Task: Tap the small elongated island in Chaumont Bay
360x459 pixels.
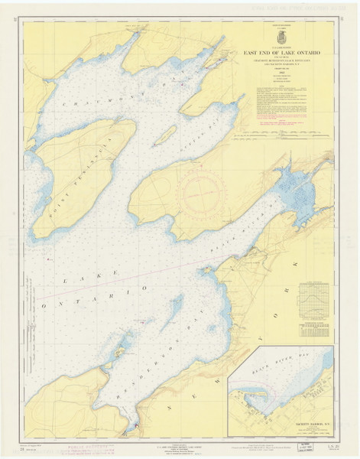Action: coord(164,135)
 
